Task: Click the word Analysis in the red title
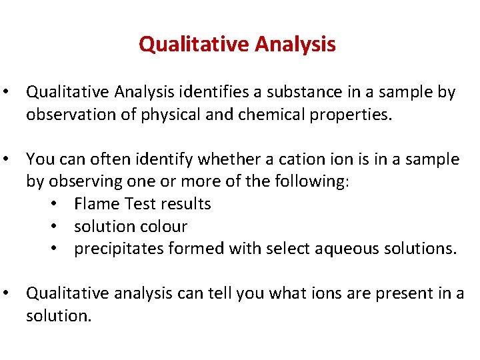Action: coord(296,45)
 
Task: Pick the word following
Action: coord(311,182)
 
